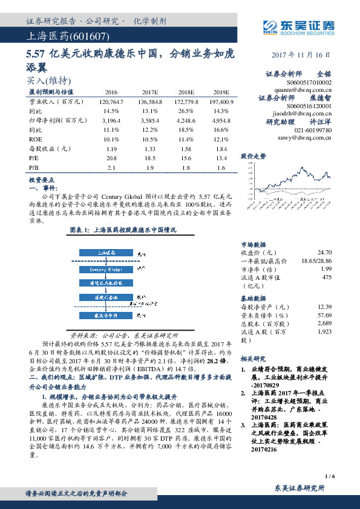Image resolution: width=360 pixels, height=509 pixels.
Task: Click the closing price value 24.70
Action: coord(324,251)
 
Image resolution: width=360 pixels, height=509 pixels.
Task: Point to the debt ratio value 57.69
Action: coord(324,316)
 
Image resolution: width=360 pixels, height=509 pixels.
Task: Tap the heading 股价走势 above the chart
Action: coord(254,156)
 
